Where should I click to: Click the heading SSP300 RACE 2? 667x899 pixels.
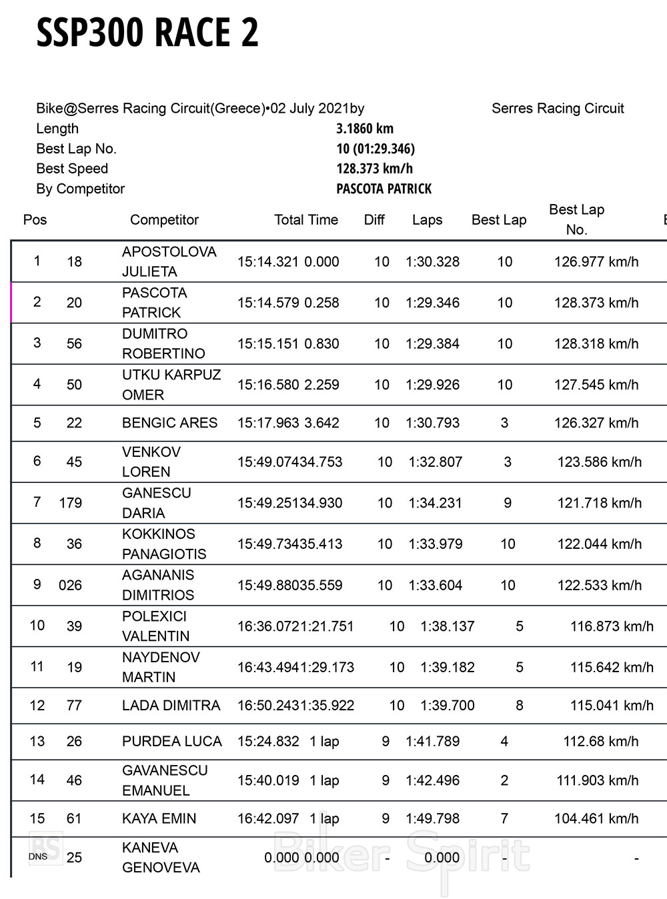click(x=147, y=33)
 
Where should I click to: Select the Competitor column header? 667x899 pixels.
click(x=164, y=220)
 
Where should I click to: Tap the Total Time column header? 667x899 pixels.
click(x=306, y=220)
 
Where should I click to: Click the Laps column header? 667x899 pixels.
click(x=427, y=220)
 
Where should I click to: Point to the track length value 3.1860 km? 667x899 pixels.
click(x=365, y=129)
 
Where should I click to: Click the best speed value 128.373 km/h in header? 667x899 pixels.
click(x=374, y=169)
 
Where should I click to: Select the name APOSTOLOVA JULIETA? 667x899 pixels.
click(x=169, y=261)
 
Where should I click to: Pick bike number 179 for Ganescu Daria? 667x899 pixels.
click(x=70, y=503)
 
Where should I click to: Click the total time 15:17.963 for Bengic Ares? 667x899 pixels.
click(x=268, y=423)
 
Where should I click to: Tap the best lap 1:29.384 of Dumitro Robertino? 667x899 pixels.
click(x=432, y=344)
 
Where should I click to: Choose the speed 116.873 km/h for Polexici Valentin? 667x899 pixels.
click(x=612, y=626)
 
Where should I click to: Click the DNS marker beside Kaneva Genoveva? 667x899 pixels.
click(x=37, y=857)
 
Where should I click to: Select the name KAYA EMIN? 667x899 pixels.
click(x=159, y=818)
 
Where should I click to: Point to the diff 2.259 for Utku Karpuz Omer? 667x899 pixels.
click(x=321, y=385)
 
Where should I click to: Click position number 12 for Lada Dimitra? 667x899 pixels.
click(x=37, y=706)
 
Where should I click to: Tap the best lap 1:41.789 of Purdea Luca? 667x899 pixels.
click(x=432, y=742)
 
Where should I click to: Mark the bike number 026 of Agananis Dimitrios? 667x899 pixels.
click(x=70, y=586)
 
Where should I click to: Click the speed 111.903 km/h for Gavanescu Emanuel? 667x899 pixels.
click(x=598, y=780)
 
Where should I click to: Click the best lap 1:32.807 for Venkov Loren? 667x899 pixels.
click(x=435, y=462)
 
